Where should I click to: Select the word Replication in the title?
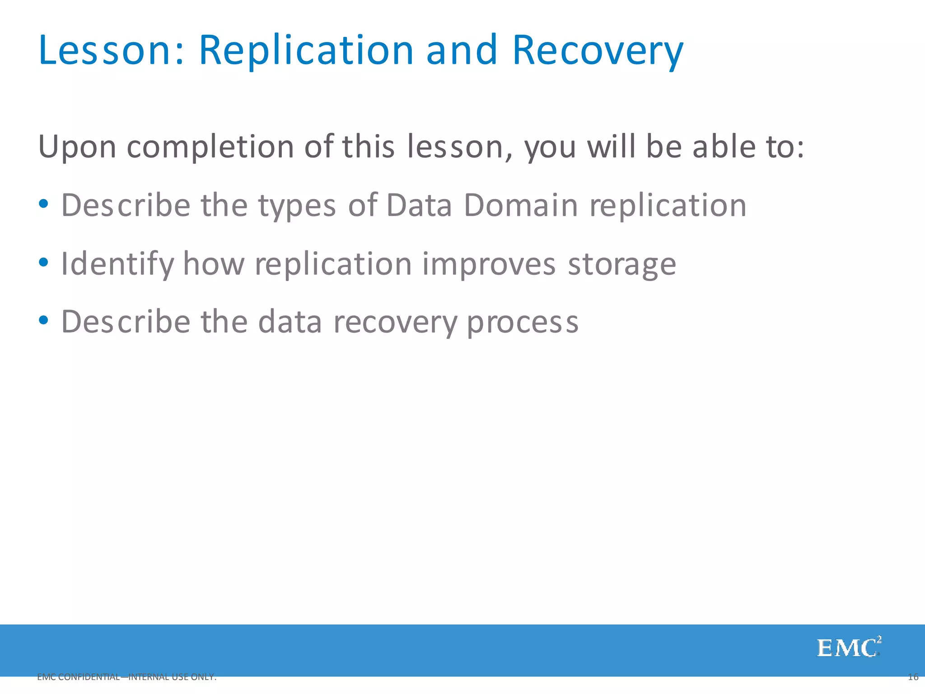click(x=306, y=51)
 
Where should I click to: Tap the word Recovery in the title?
click(x=597, y=51)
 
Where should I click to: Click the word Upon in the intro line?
click(x=77, y=147)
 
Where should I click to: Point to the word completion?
click(x=210, y=147)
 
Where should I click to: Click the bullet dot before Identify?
click(x=43, y=262)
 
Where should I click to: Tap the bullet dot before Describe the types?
click(x=43, y=204)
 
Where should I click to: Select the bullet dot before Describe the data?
click(x=43, y=320)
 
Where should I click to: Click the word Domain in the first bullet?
click(x=520, y=206)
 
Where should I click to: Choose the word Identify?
click(x=117, y=264)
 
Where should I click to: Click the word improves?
click(x=489, y=265)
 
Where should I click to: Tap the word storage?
click(x=621, y=265)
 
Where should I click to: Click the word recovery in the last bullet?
click(x=395, y=323)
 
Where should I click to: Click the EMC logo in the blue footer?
click(x=848, y=647)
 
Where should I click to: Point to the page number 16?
click(x=913, y=677)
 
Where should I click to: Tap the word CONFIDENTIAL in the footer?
click(x=89, y=677)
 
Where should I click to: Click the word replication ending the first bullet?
click(x=668, y=206)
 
